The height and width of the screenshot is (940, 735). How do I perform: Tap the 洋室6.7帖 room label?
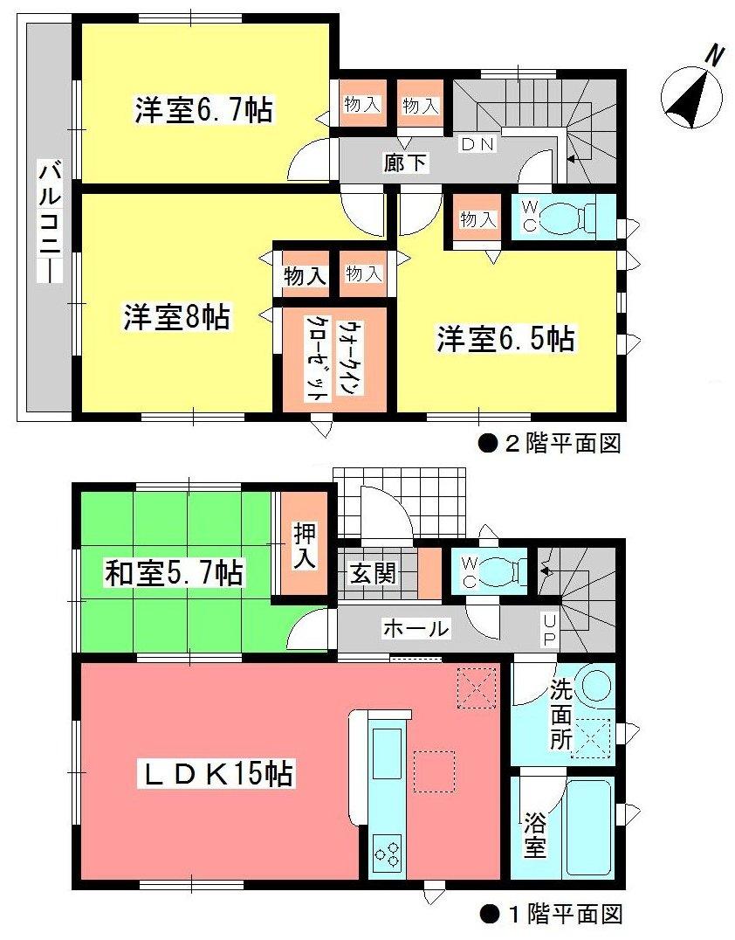[203, 111]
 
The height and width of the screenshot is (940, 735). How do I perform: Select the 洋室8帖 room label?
[175, 318]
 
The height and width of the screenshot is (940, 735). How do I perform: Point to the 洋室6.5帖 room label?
[506, 339]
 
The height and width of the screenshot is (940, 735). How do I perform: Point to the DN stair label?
[477, 145]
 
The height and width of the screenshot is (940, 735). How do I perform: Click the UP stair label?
[549, 629]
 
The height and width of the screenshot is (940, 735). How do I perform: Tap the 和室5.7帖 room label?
[175, 574]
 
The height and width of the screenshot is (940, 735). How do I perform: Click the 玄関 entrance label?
[374, 572]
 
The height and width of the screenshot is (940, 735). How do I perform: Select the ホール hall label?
[416, 628]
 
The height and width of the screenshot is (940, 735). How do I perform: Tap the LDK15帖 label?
[218, 773]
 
